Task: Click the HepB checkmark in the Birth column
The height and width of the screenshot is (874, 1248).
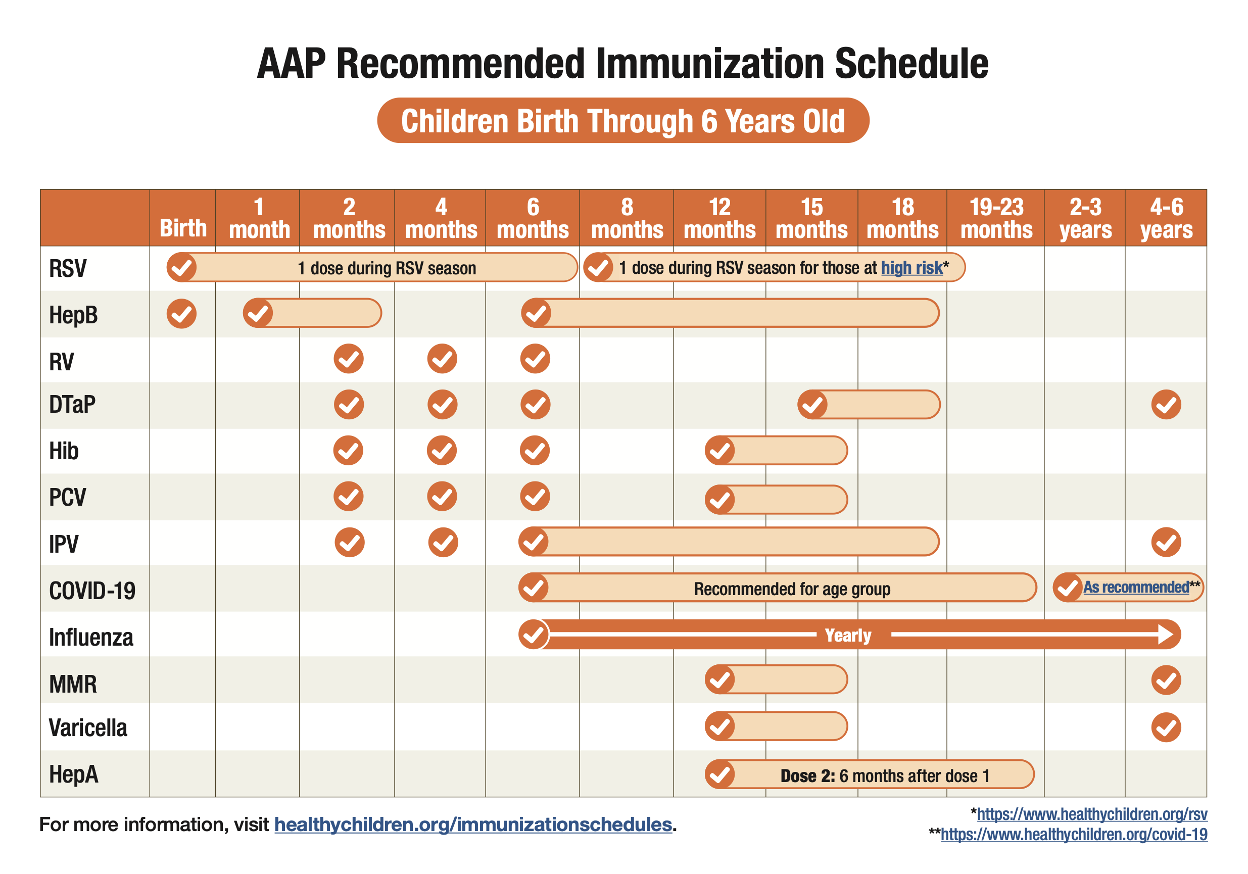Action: tap(181, 314)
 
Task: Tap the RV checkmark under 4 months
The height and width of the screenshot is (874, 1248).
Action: tap(442, 359)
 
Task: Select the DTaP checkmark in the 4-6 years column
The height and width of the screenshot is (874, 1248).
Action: tap(1166, 404)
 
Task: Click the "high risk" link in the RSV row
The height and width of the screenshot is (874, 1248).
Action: tap(911, 267)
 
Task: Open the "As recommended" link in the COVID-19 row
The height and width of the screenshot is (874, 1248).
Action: tap(1136, 587)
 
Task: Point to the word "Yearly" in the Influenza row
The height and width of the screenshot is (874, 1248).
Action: tap(847, 635)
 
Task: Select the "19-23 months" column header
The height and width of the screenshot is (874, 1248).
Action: tap(996, 218)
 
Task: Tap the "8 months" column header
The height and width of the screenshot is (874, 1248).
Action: tap(627, 218)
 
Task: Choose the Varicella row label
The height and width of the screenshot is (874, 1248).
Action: tap(88, 727)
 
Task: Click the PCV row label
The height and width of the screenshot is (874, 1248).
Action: tap(67, 497)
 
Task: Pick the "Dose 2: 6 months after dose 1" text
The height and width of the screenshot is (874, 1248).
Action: tap(885, 775)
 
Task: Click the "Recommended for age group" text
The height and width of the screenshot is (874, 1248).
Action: tap(792, 589)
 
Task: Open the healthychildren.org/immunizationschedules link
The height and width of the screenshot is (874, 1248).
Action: tap(473, 824)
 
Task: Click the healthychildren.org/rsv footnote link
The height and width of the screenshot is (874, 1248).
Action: tap(1092, 814)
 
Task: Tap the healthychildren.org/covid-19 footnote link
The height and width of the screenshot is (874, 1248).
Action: tap(1074, 834)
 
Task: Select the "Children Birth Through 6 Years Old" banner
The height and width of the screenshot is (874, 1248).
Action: tap(623, 120)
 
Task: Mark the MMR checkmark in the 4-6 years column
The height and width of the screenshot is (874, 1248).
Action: tap(1166, 680)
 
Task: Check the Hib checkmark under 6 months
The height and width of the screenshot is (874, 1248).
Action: tap(535, 450)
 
